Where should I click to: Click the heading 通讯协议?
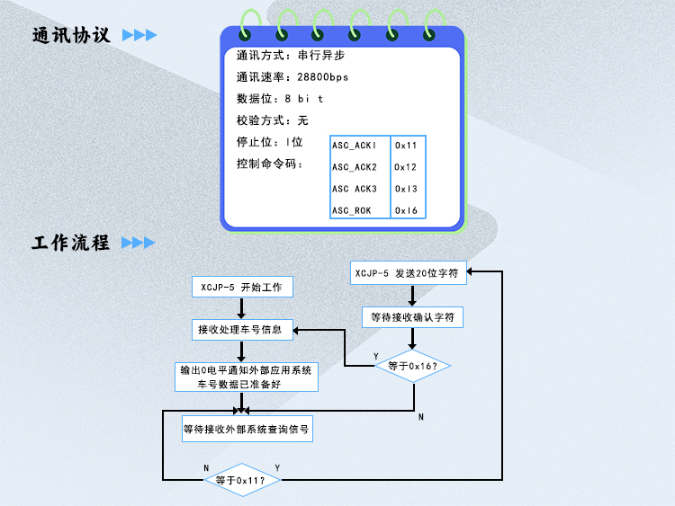71,36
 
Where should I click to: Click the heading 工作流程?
71,243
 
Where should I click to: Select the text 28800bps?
322,77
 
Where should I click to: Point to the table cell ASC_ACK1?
354,146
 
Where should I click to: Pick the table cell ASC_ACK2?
354,167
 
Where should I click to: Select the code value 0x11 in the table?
406,146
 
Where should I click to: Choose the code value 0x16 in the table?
406,210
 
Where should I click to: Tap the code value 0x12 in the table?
406,167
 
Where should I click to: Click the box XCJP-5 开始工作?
241,288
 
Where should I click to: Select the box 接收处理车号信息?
241,330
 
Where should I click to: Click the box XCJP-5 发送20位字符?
409,273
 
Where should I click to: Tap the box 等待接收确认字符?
412,317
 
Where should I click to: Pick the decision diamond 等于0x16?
412,366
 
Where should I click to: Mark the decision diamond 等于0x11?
243,480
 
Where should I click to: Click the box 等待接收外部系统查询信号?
247,430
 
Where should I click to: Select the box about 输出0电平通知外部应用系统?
245,377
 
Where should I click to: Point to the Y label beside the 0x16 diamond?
376,357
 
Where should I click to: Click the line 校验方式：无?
273,120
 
